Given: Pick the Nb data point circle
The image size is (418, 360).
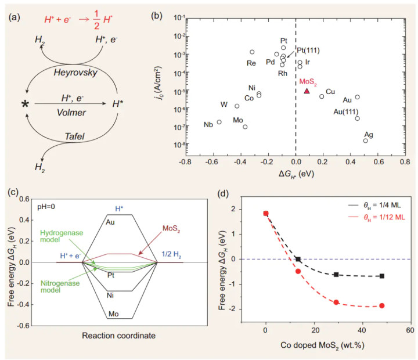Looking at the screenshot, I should point(219,122).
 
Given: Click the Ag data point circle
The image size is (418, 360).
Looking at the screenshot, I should point(366,141).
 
